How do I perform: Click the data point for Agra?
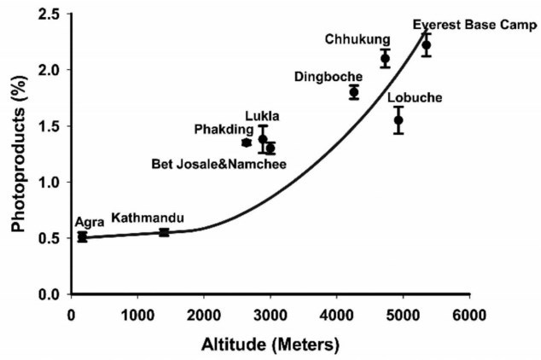tap(82, 236)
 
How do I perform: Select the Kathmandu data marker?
tap(164, 231)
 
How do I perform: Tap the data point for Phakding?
tap(247, 142)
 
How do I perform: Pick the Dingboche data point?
tap(354, 92)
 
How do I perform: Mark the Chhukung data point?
tap(385, 58)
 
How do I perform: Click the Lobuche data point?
tap(398, 119)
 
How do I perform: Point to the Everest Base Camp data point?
tap(427, 45)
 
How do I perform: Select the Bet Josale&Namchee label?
tap(218, 163)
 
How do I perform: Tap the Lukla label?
tap(262, 116)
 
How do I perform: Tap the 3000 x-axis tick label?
tap(270, 314)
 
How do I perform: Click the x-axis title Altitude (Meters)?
tap(270, 344)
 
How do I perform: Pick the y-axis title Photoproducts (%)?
tap(16, 154)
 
